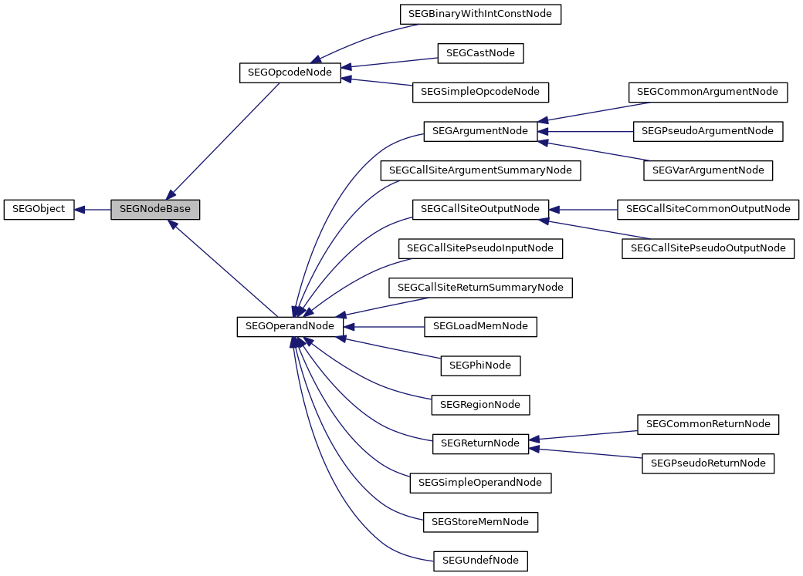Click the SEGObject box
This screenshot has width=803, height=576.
tap(39, 209)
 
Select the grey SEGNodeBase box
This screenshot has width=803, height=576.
tap(155, 209)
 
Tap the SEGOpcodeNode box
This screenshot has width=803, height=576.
tap(290, 72)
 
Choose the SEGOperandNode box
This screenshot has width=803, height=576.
tap(290, 326)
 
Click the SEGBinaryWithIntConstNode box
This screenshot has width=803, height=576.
tap(480, 14)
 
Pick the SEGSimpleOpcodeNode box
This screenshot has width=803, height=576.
tap(480, 92)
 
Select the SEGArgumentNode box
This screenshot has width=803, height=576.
tap(480, 131)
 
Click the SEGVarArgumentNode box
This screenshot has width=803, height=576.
tap(708, 170)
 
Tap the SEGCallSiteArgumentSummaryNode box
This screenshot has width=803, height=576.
tap(480, 170)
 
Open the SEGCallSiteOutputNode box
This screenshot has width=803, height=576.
tap(480, 209)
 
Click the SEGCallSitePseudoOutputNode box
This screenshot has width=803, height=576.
tap(708, 248)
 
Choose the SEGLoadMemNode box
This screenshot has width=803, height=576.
tap(480, 326)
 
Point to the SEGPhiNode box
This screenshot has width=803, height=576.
tap(480, 365)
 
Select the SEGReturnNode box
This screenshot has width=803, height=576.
tap(480, 443)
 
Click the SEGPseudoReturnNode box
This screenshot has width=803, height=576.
tap(708, 463)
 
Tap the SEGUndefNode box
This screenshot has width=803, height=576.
tap(480, 561)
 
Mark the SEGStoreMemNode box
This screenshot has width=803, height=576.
tap(480, 521)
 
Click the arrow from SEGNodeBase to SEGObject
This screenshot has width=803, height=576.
tap(93, 209)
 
